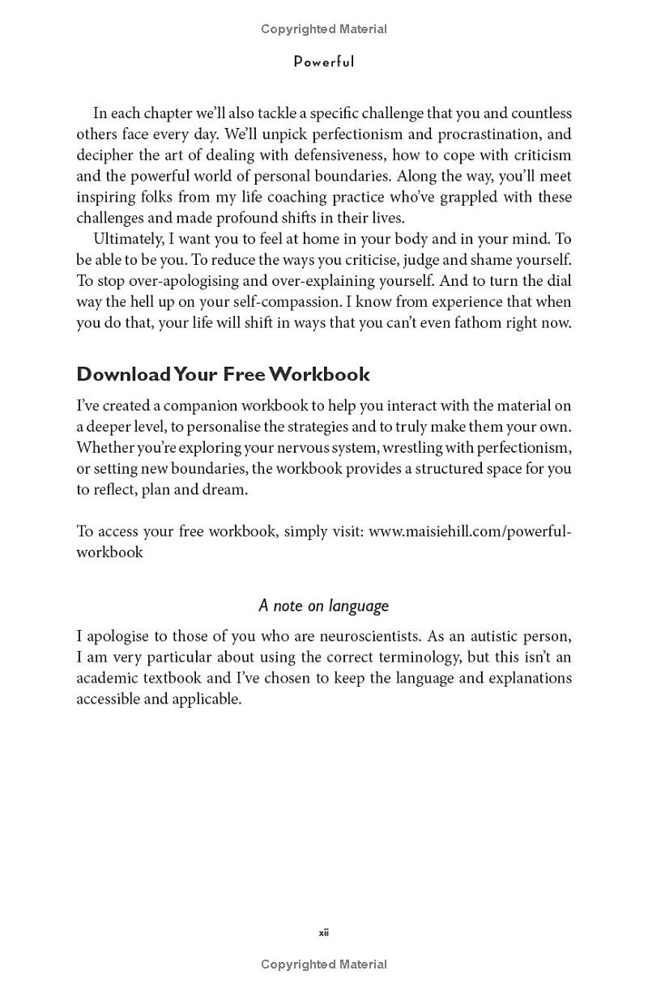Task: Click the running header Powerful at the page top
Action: [x=324, y=62]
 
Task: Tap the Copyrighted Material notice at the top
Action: [x=324, y=29]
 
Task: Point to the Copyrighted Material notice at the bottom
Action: [x=324, y=964]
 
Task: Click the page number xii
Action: [x=324, y=933]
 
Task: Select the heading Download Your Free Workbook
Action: [x=223, y=374]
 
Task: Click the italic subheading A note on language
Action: [x=324, y=606]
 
